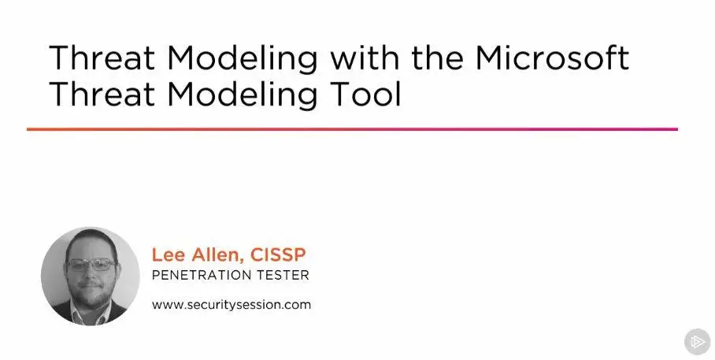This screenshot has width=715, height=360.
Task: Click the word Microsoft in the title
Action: (552, 58)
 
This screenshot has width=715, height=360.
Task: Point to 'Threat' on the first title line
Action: (102, 58)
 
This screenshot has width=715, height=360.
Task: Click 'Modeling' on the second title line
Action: (242, 95)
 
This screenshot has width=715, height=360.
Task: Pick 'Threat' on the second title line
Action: (102, 94)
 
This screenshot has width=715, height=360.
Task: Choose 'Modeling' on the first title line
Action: (242, 59)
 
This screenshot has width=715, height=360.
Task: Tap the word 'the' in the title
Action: (438, 58)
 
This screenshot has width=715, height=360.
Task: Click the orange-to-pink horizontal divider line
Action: (352, 129)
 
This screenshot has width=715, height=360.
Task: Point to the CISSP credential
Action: (278, 254)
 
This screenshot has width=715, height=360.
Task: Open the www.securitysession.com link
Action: (232, 304)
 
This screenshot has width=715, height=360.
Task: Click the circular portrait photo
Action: (91, 276)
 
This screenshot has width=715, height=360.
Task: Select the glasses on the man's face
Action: (91, 265)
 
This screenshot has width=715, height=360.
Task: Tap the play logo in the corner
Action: (698, 342)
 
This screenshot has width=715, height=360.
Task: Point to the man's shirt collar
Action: (91, 314)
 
